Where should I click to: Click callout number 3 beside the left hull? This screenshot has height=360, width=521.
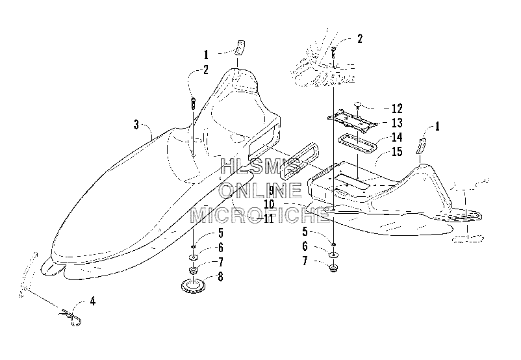click(x=136, y=125)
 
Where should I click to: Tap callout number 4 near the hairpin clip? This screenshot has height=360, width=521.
click(x=93, y=302)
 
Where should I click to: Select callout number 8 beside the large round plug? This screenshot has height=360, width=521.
click(x=220, y=277)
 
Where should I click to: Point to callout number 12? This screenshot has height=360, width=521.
click(x=397, y=109)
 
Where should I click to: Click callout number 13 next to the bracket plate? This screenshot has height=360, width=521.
click(x=397, y=123)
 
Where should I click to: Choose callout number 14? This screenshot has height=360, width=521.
click(x=397, y=137)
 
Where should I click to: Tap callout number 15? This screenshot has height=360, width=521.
click(x=397, y=151)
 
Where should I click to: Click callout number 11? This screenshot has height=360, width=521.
click(x=268, y=218)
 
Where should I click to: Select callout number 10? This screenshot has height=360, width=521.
click(x=269, y=204)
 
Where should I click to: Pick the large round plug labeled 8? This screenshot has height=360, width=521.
click(x=193, y=286)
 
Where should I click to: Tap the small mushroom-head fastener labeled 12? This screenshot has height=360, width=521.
click(x=357, y=105)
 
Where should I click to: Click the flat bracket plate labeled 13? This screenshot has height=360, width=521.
click(x=353, y=120)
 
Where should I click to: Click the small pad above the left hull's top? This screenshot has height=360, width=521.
click(x=240, y=47)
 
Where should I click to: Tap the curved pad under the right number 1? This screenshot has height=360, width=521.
click(x=421, y=146)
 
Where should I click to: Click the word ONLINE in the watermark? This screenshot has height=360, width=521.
click(x=260, y=190)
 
